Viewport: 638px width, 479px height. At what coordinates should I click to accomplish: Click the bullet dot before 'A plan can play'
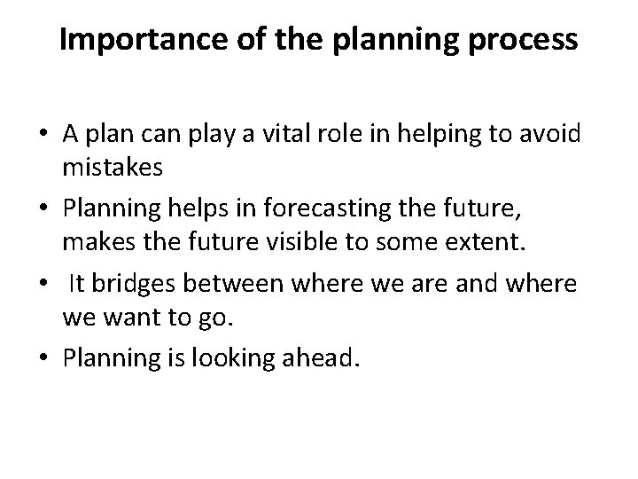(43, 137)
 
